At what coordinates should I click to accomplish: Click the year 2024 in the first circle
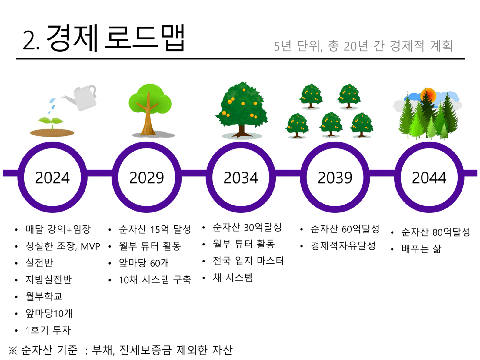tap(52, 178)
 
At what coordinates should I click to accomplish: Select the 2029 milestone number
tap(146, 178)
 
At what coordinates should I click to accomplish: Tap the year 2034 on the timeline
tap(241, 178)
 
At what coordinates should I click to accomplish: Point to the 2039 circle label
tap(335, 178)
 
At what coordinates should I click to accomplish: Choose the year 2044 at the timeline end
tap(429, 178)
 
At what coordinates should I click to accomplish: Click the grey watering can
tap(81, 98)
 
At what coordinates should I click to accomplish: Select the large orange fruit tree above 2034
tap(242, 110)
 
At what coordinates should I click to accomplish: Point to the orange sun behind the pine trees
tap(428, 95)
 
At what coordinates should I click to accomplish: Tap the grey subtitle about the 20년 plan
tap(363, 46)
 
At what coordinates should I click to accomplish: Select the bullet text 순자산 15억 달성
tap(155, 229)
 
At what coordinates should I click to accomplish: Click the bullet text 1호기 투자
tap(48, 330)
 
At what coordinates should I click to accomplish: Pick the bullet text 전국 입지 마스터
tap(248, 261)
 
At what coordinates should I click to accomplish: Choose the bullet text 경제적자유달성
tap(343, 246)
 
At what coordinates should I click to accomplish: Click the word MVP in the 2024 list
tap(90, 247)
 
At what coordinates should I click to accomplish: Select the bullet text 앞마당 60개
tap(144, 263)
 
